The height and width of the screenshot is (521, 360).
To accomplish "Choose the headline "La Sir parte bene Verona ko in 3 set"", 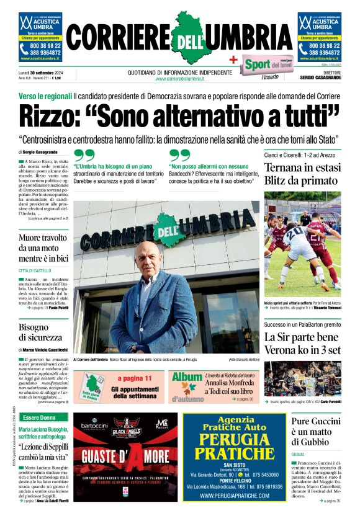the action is click(x=302, y=342).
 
